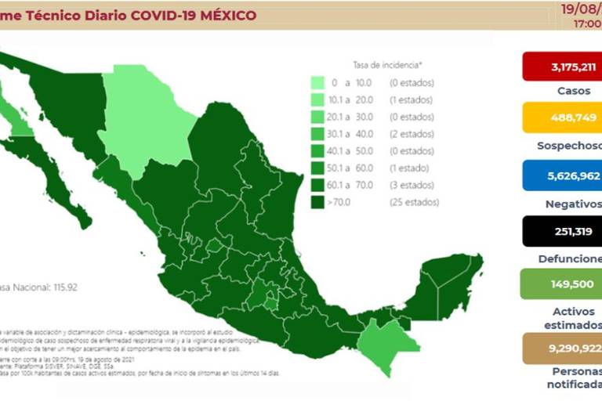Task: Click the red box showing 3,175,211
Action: (x=562, y=67)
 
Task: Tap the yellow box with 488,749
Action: (x=562, y=121)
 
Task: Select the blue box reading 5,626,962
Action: (x=562, y=176)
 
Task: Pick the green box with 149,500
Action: (x=562, y=284)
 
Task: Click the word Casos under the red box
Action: (x=574, y=92)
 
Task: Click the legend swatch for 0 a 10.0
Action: (x=318, y=82)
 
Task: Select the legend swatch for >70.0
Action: (x=318, y=202)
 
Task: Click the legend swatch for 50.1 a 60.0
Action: (x=318, y=168)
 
